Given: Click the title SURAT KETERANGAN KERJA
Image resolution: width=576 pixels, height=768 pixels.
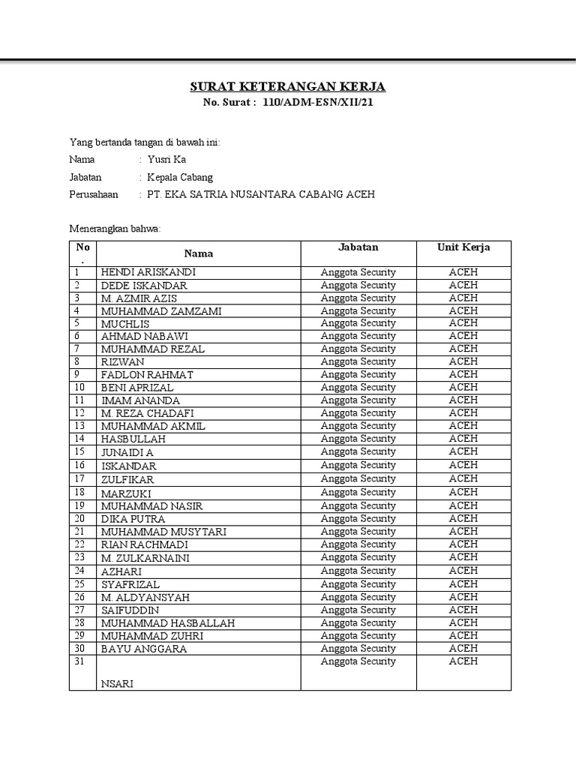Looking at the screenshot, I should click(x=288, y=87).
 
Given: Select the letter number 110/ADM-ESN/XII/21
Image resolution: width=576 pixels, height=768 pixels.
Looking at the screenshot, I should click(x=317, y=103).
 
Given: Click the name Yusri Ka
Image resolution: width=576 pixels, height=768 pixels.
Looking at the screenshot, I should click(x=166, y=159).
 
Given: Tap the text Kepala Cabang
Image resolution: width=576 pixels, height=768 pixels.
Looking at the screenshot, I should click(x=180, y=177).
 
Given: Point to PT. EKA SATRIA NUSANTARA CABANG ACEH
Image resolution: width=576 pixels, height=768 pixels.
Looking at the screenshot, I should click(x=261, y=195).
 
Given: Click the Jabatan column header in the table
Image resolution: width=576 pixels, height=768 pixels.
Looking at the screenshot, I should click(x=358, y=247).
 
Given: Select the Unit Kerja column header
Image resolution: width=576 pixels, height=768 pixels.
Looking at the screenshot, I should click(x=463, y=247).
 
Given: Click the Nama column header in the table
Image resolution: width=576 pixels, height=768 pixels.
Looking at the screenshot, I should click(x=199, y=253).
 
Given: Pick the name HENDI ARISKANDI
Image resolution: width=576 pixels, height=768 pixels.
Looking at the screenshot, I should click(x=148, y=272).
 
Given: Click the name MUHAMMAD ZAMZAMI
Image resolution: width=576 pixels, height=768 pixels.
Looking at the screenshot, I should click(x=161, y=310).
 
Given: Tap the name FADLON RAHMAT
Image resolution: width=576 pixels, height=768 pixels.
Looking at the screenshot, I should click(x=147, y=374).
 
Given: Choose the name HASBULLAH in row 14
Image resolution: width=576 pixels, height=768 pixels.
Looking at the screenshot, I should click(x=133, y=439).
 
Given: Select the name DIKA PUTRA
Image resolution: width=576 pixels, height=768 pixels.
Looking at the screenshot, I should click(x=133, y=519).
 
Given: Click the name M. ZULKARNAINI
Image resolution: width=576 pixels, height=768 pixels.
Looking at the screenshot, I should click(x=145, y=558).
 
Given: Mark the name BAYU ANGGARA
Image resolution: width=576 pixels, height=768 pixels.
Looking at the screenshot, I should click(x=144, y=649).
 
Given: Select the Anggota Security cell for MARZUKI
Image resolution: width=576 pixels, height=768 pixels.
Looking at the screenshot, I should click(x=358, y=492).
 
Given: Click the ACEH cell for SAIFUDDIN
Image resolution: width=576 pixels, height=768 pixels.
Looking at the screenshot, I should click(x=463, y=610).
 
